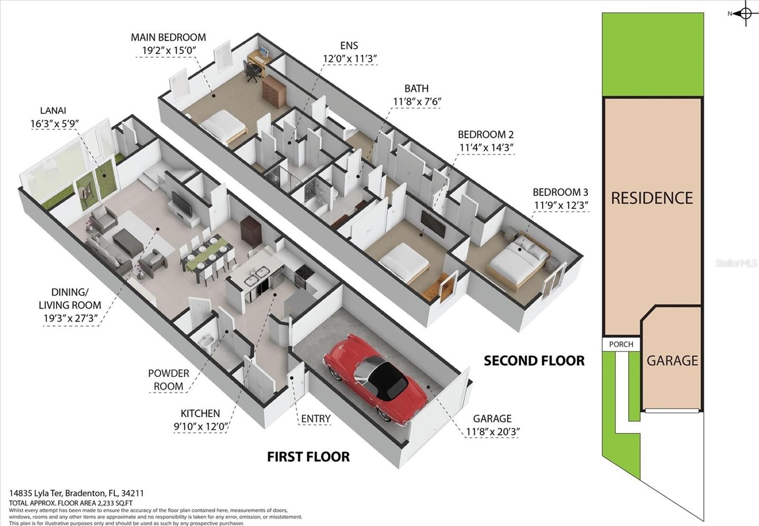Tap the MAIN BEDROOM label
[x=168, y=37]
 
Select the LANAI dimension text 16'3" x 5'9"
[x=55, y=124]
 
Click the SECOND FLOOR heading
[x=534, y=361]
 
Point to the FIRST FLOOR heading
[x=308, y=457]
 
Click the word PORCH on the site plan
[x=621, y=344]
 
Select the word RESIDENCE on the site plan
[x=652, y=198]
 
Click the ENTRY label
[x=316, y=419]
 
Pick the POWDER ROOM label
[x=168, y=380]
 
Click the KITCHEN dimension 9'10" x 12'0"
[x=200, y=426]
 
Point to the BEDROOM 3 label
[x=560, y=193]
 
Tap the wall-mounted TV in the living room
[x=182, y=203]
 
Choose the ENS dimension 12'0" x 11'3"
[x=350, y=59]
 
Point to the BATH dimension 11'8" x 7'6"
[x=417, y=102]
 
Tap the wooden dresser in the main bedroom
[x=274, y=92]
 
